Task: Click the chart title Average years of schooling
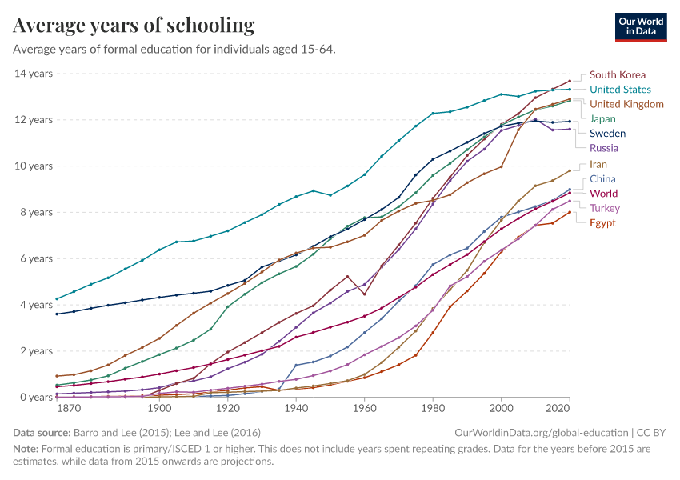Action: coord(134,26)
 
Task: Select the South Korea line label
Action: coord(617,75)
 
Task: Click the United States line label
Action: coord(620,90)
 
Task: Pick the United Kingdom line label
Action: coord(626,104)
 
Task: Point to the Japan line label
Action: coord(602,119)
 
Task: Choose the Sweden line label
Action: coord(607,134)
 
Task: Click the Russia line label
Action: coord(604,148)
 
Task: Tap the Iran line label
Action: coord(598,165)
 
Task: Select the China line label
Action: coord(602,179)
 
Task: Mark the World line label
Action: coord(603,194)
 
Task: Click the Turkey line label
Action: coord(605,208)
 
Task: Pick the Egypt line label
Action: coord(602,223)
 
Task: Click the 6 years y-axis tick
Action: coord(36,258)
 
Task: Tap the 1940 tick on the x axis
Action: coord(296,409)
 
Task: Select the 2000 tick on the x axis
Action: coord(502,409)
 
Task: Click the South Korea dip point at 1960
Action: coord(365,294)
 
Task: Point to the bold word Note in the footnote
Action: coord(27,448)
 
